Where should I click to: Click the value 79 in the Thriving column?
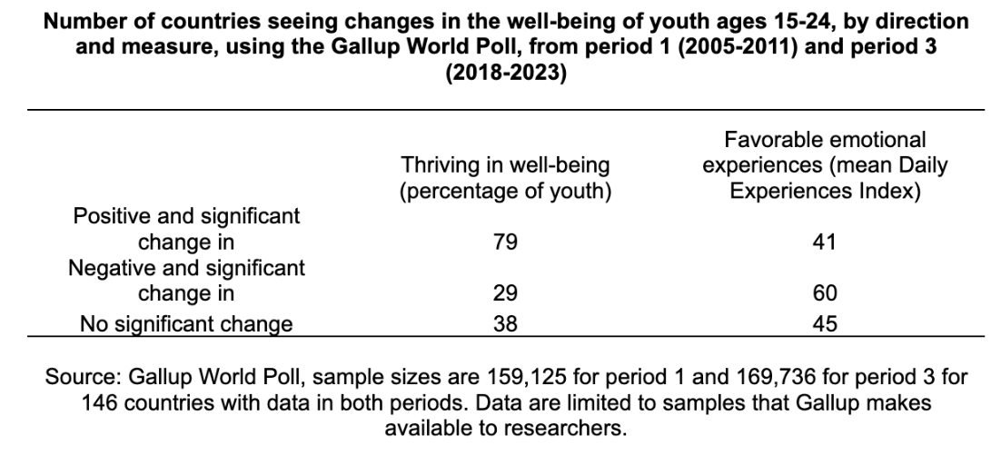click(505, 242)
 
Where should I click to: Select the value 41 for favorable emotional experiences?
click(825, 242)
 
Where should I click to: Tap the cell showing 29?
click(505, 294)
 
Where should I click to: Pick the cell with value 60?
click(825, 294)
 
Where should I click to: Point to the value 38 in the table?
click(505, 323)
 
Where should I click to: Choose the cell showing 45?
click(825, 323)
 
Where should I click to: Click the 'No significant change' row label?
click(186, 323)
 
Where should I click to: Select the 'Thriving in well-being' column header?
click(505, 179)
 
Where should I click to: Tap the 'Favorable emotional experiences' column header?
click(825, 166)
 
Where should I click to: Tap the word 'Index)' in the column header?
click(895, 192)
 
